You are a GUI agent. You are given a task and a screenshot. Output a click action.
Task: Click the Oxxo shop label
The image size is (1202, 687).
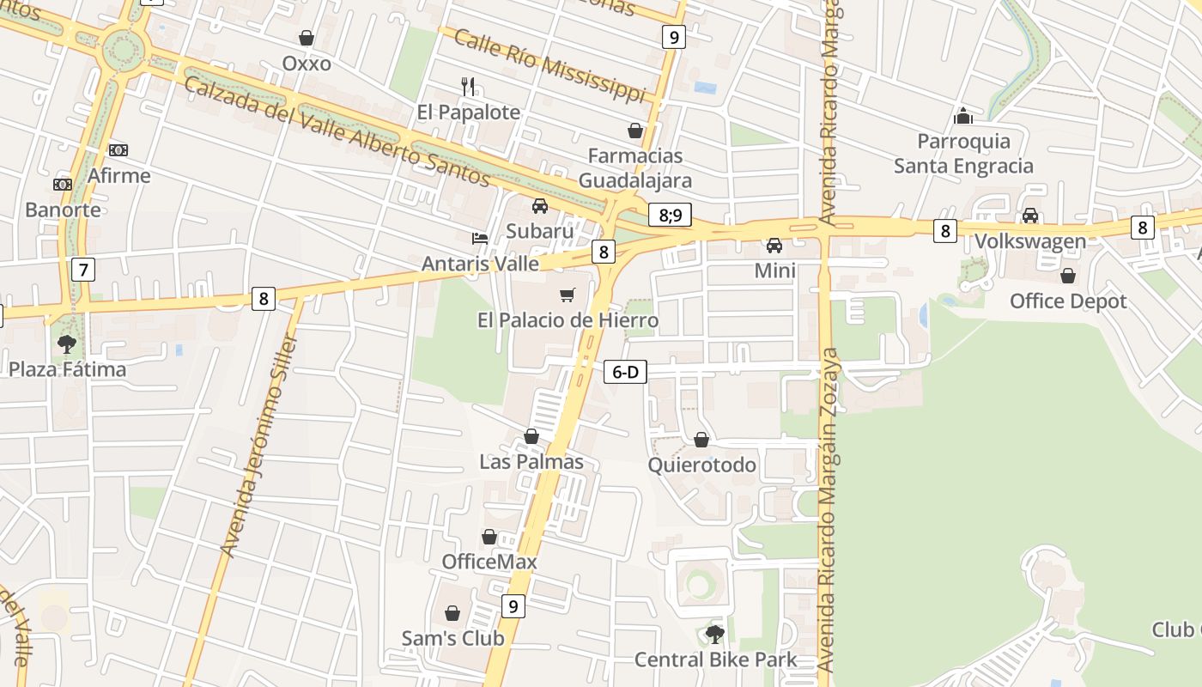pos(307,64)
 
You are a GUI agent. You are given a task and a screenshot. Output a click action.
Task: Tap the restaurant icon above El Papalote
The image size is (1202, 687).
pos(468,86)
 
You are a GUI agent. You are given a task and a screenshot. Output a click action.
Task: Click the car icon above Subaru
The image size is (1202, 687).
pos(540,206)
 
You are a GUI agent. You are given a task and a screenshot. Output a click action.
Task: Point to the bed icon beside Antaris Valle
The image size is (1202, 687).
pos(480,238)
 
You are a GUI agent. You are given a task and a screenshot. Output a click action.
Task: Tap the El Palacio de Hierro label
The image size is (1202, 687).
pos(568,320)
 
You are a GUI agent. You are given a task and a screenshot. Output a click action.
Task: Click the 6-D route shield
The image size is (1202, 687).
pos(625,372)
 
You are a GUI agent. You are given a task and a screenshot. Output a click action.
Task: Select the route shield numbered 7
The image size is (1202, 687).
pos(82,270)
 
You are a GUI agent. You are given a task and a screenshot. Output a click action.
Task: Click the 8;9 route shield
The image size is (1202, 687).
pos(670,215)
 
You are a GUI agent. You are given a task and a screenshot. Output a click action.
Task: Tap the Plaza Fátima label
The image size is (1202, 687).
pos(67,369)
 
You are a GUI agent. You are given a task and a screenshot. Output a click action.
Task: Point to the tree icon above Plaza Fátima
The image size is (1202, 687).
pos(66,344)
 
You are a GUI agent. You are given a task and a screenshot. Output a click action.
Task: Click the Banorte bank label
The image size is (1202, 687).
pos(63,210)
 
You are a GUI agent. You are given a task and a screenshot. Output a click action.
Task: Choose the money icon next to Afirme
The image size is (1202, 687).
pos(118,150)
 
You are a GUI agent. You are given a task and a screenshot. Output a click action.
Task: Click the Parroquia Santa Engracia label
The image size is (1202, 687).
pos(963,153)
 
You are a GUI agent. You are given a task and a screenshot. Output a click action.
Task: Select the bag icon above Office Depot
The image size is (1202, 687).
pos(1068,276)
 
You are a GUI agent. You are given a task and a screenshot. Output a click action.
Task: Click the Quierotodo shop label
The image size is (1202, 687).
pos(701,465)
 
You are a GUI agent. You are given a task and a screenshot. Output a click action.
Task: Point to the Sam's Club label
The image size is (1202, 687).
pos(452,638)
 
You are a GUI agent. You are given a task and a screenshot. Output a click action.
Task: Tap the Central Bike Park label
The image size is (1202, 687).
pos(715,660)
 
